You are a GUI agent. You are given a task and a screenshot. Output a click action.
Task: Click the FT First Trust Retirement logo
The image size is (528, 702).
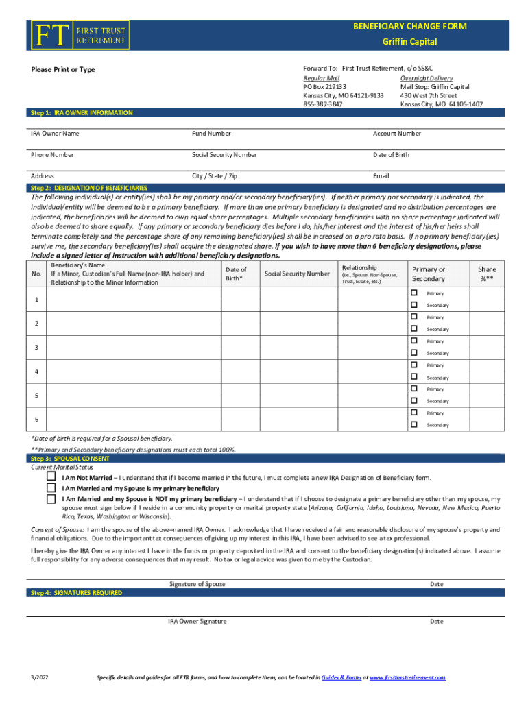[x=79, y=34]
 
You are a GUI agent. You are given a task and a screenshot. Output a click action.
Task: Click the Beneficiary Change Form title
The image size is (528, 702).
[x=409, y=27]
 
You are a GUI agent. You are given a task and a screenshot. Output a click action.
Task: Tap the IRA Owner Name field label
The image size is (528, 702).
[x=55, y=134]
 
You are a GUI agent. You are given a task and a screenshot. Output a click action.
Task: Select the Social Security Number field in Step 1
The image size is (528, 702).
[x=224, y=155]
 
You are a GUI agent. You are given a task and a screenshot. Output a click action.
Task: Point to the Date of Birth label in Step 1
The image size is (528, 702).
[x=391, y=155]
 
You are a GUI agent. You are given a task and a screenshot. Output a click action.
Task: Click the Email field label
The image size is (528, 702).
[x=381, y=176]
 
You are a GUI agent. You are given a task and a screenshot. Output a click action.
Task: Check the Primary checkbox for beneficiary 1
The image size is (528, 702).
[x=413, y=293]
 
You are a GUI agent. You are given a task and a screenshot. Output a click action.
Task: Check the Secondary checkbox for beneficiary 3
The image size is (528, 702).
[x=413, y=352]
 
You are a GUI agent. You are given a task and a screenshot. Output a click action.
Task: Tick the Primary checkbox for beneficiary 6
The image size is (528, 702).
[x=413, y=413]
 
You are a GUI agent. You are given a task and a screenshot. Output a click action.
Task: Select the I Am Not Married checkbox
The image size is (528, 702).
[x=51, y=476]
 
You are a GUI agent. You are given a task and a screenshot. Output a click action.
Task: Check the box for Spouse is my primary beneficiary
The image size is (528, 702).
[x=51, y=487]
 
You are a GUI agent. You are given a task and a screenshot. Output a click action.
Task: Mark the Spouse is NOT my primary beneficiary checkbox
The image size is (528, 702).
[x=51, y=499]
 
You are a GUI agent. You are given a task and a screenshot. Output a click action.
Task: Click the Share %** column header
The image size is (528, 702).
[x=487, y=274]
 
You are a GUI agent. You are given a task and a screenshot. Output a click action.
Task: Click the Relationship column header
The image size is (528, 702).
[x=359, y=268]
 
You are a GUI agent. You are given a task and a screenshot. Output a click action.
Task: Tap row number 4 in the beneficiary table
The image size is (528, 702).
[x=36, y=372]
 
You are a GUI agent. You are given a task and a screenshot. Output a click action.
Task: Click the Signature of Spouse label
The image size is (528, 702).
[x=197, y=584]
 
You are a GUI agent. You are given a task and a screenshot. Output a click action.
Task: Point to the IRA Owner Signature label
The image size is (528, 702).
[x=197, y=622]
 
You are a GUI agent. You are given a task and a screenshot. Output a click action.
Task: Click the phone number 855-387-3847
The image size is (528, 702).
[x=323, y=104]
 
